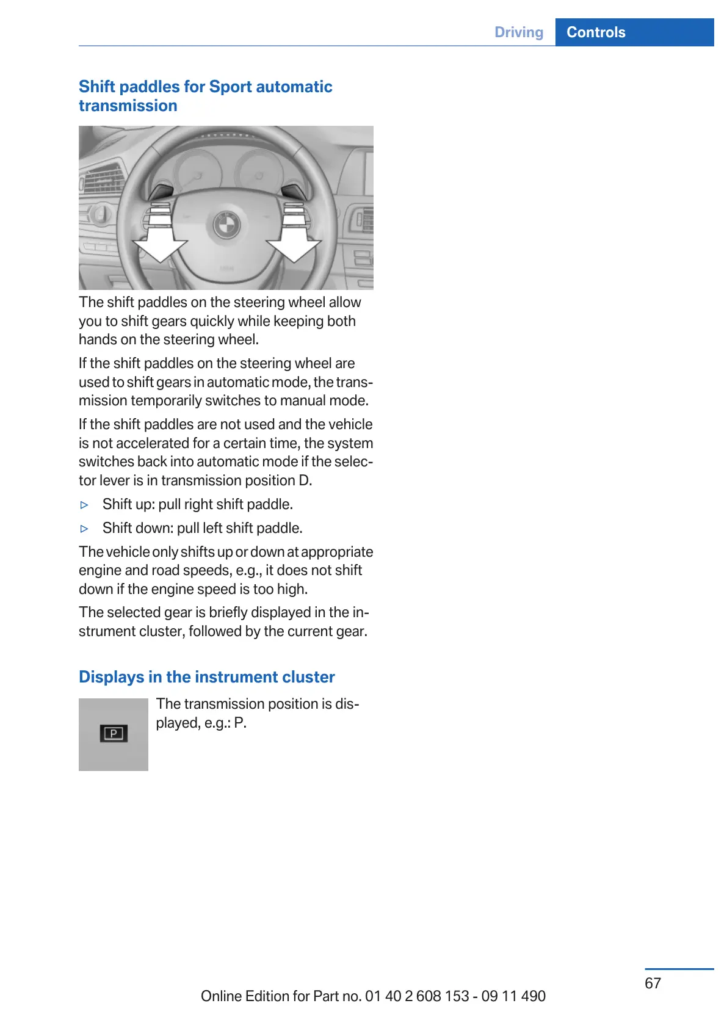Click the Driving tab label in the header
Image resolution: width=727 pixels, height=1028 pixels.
519,32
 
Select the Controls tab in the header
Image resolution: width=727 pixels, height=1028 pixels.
596,32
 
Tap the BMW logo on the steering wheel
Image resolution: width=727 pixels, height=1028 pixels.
226,226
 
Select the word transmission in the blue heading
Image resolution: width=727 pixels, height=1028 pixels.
128,106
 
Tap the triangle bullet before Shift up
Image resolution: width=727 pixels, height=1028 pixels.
85,505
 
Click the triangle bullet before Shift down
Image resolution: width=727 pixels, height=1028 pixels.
85,529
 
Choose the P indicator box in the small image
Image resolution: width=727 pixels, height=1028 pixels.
114,733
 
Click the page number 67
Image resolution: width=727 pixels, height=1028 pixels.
653,983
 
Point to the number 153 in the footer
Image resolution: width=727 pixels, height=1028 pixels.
457,996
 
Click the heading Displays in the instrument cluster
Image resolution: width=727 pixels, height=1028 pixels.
207,677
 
